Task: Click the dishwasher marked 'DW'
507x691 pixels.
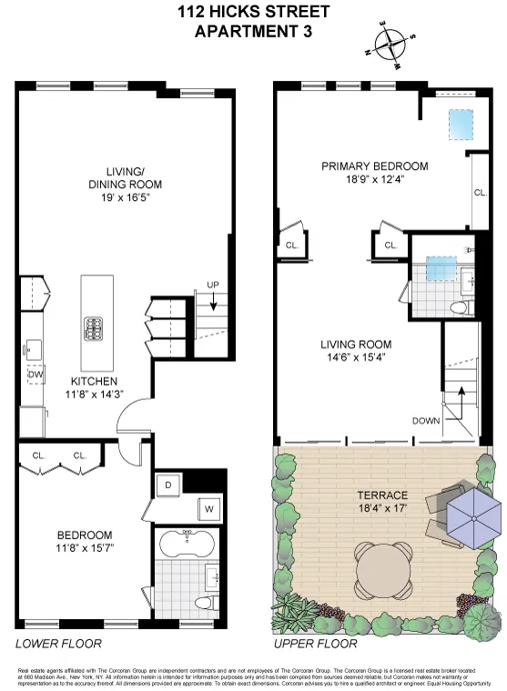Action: (35, 374)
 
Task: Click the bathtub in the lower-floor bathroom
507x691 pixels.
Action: (187, 546)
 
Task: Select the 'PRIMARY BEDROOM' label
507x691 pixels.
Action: (375, 166)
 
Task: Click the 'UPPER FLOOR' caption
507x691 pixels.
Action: (315, 645)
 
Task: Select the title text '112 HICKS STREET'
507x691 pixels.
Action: (255, 13)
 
